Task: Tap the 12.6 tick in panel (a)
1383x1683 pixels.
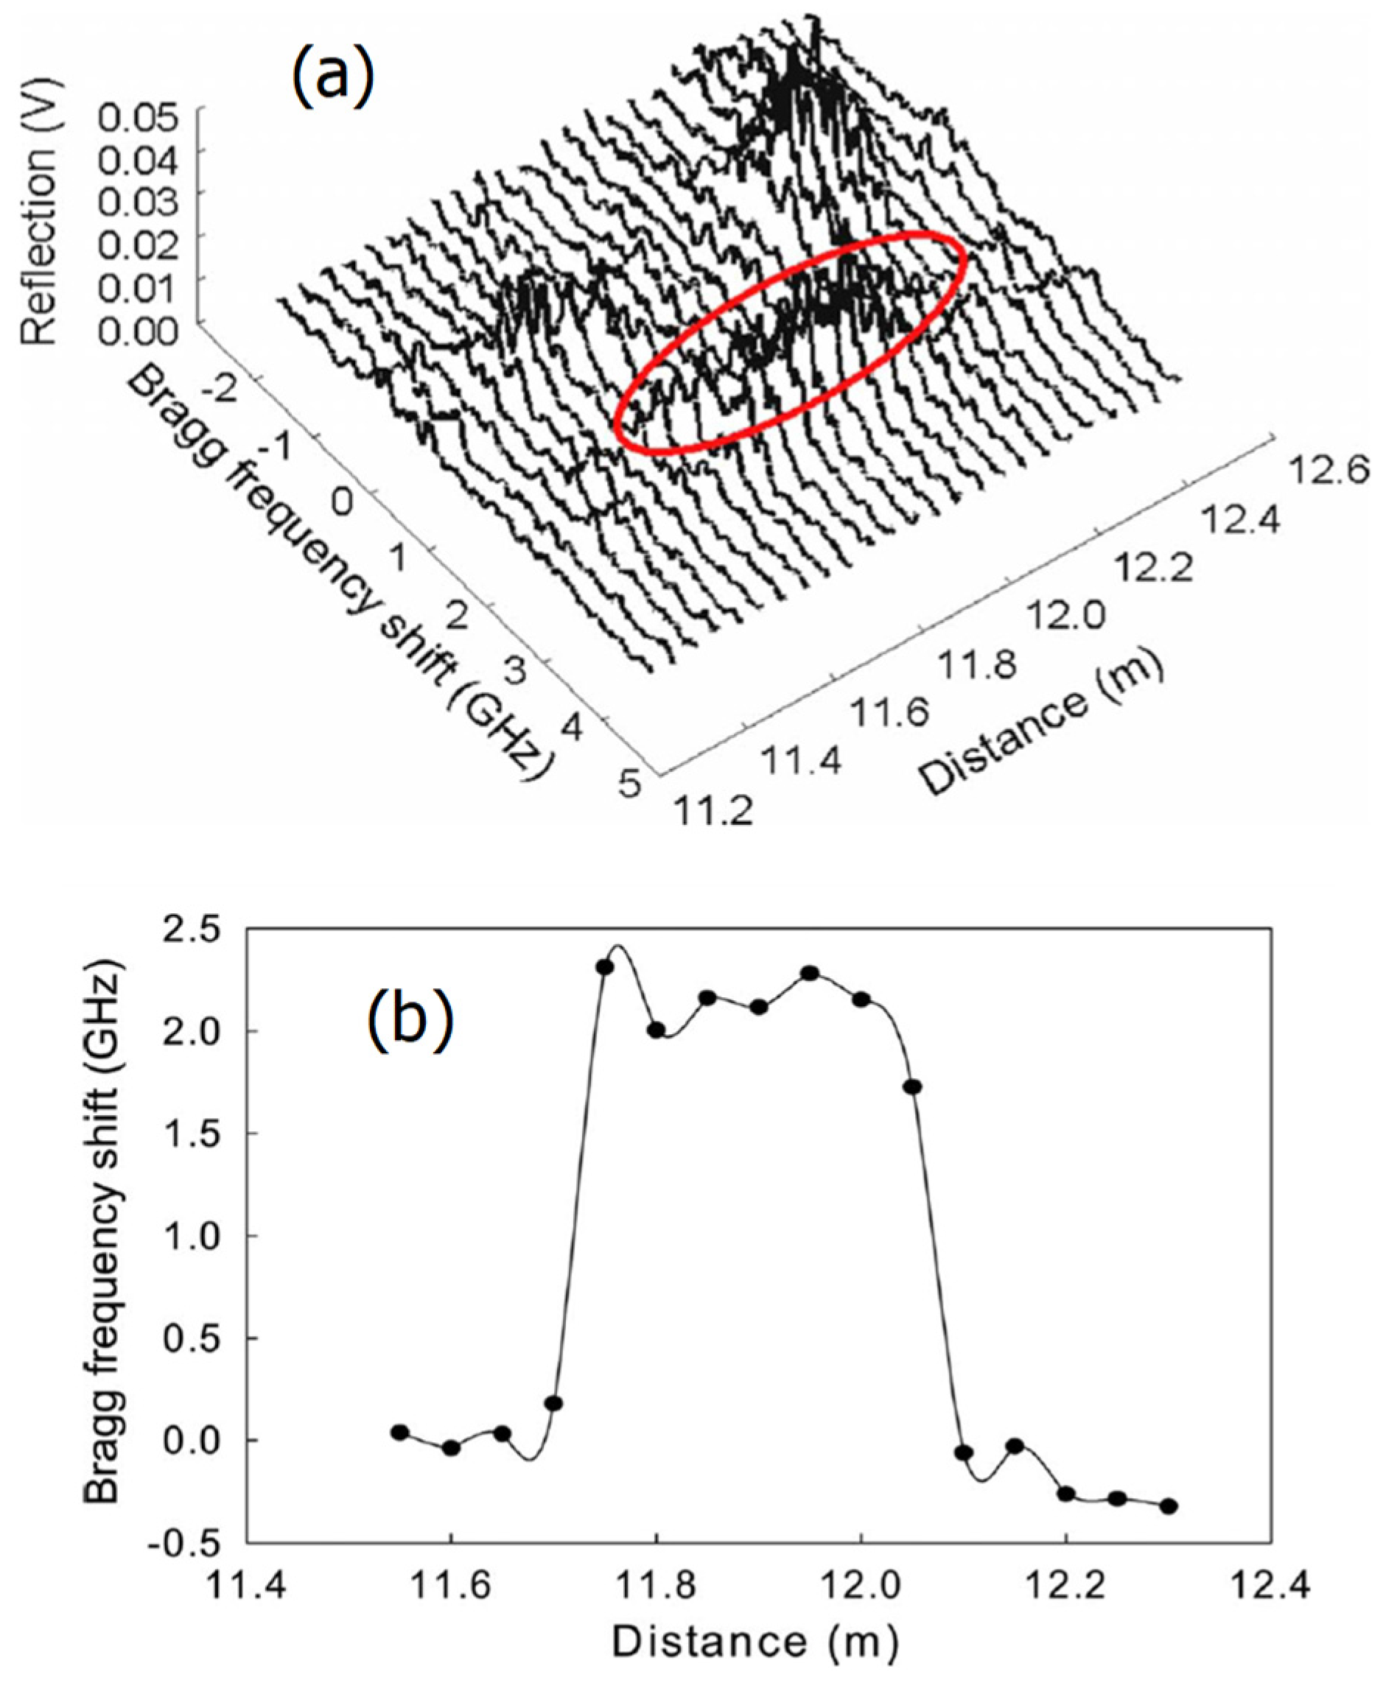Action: point(1328,471)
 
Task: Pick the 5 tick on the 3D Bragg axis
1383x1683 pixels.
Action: point(630,784)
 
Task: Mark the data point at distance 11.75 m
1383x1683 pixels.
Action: point(605,967)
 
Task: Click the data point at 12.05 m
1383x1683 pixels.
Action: point(913,1087)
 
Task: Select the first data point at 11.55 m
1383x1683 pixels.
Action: point(400,1432)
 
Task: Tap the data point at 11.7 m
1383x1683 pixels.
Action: point(553,1402)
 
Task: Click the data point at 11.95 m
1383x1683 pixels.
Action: point(810,973)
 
